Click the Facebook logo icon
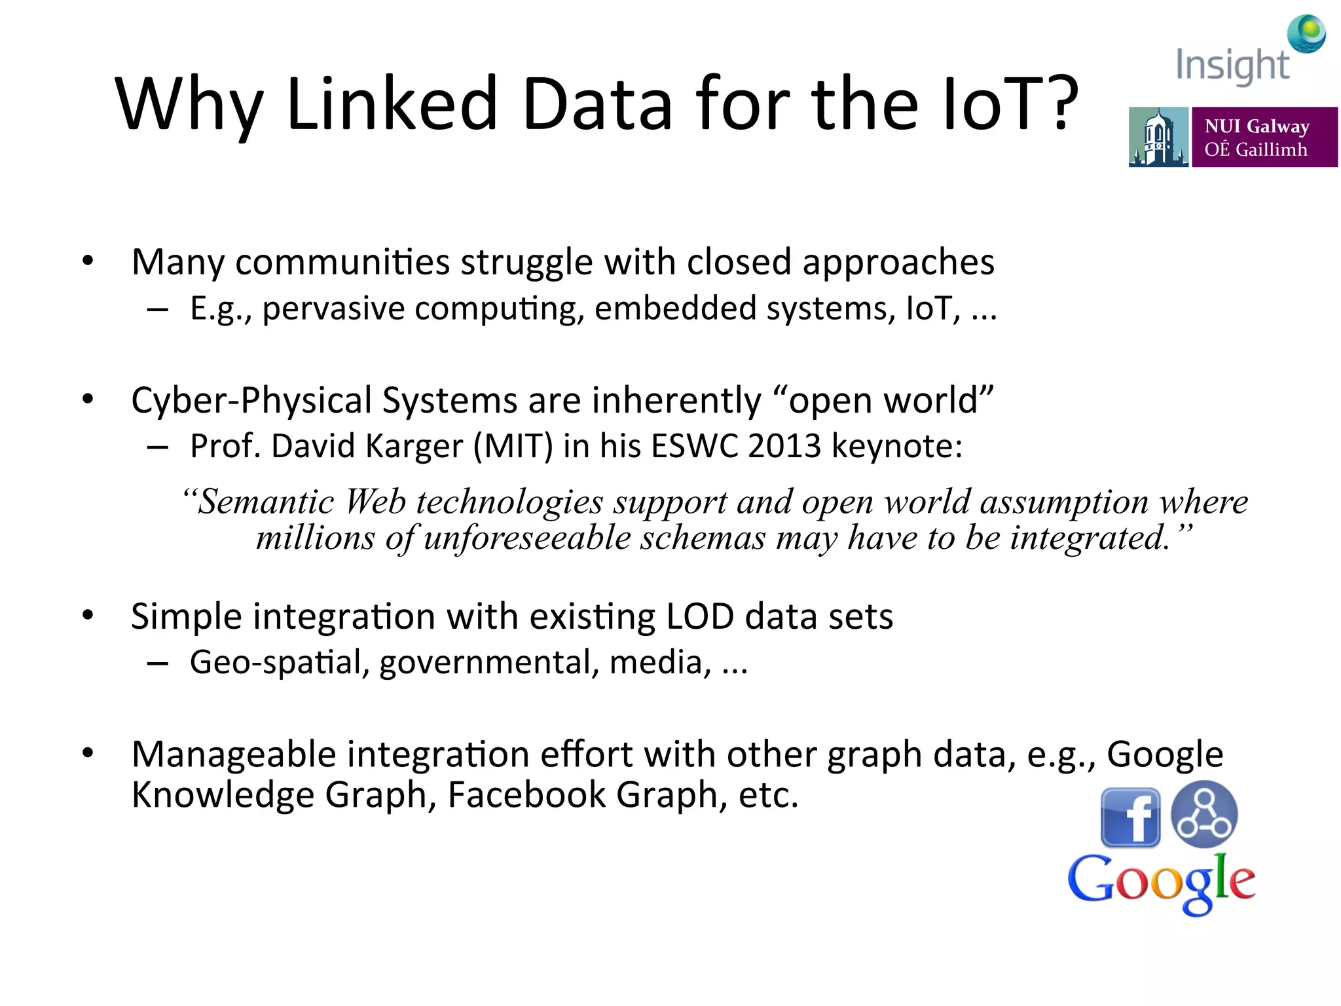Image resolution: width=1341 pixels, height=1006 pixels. coord(1130,817)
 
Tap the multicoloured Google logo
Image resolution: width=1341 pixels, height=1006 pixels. coord(1161,882)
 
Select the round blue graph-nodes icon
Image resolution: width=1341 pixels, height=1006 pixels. coord(1204,814)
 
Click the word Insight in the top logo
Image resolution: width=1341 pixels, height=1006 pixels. coord(1232,65)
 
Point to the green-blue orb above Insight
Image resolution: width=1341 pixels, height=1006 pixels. coord(1307,33)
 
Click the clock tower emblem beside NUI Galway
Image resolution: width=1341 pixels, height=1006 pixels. coord(1158,138)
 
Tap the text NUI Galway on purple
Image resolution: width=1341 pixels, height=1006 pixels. coord(1257,126)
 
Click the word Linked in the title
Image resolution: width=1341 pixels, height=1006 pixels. coord(392,103)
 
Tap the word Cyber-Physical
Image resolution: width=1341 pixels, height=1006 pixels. coord(251,400)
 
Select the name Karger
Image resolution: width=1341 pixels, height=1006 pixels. coord(414,447)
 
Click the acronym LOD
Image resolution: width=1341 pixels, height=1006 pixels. coord(699,616)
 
